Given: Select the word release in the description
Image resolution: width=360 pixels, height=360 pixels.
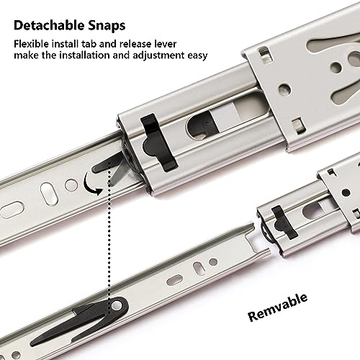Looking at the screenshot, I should click(153, 44).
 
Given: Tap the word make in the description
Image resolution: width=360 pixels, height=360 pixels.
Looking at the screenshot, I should click(26, 58).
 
